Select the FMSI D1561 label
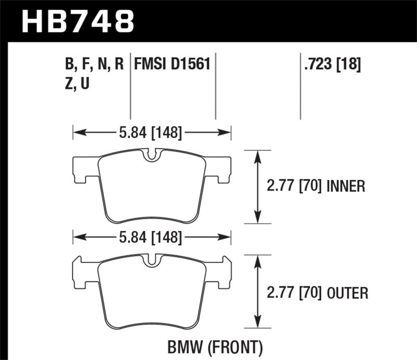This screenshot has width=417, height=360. (x=172, y=64)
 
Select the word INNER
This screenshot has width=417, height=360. (x=346, y=186)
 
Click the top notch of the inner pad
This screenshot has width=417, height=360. (x=152, y=155)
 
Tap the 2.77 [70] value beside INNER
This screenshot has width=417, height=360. (x=293, y=186)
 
